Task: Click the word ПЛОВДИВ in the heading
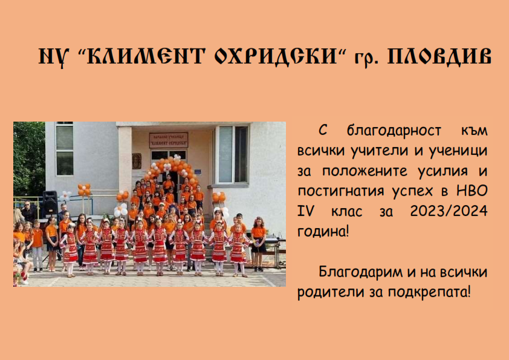[x=439, y=56]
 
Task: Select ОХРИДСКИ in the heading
[x=276, y=56]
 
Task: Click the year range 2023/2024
[x=449, y=211]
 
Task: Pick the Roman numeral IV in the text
[x=306, y=211]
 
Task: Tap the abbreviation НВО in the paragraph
[x=472, y=191]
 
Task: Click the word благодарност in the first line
[x=394, y=131]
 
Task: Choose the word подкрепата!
[x=429, y=292]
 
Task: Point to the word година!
[x=323, y=232]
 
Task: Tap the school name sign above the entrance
[x=169, y=140]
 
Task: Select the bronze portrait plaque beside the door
[x=137, y=161]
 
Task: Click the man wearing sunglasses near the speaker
[x=28, y=211]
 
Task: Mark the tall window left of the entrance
[x=65, y=149]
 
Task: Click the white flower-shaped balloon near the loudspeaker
[x=66, y=196]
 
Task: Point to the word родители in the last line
[x=331, y=292]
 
